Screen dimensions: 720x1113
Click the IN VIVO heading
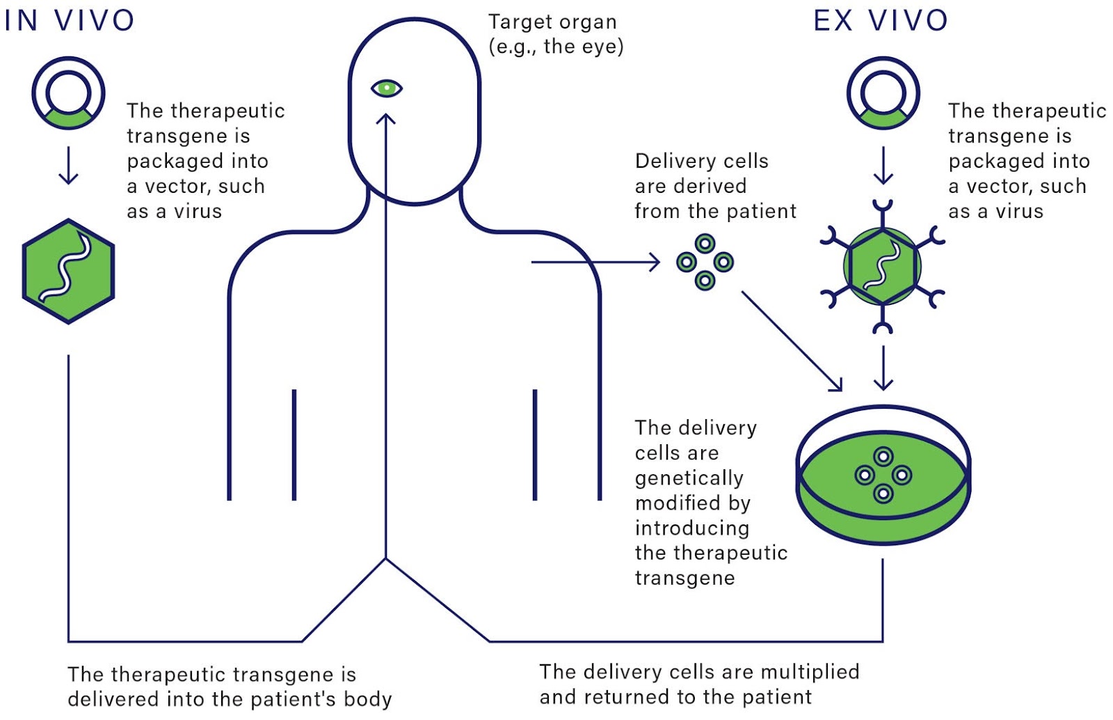(69, 20)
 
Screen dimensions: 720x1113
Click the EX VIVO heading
(880, 20)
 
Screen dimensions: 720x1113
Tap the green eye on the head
(387, 88)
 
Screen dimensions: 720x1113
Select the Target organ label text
(553, 22)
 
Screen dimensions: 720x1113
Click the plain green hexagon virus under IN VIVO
(68, 271)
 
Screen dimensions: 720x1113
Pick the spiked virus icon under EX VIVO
(882, 266)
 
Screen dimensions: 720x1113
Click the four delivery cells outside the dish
(705, 262)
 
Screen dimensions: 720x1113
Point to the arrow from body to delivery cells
(595, 263)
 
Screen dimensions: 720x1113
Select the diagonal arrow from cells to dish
(791, 340)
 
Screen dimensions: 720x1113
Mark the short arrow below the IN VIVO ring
(68, 165)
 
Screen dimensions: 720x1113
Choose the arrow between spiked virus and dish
(883, 368)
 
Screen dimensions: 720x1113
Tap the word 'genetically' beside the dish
(689, 478)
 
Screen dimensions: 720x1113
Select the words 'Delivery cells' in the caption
(701, 161)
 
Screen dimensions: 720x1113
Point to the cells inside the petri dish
(883, 476)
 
